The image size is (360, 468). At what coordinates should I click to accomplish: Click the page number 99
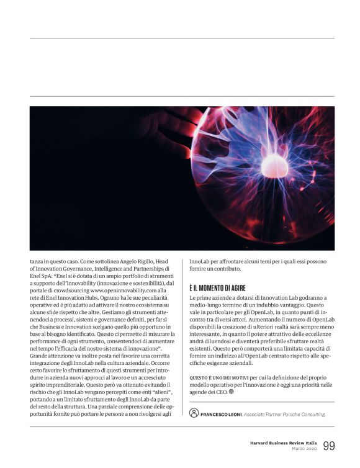click(x=329, y=445)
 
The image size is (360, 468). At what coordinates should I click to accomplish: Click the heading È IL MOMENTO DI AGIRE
click(x=217, y=289)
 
